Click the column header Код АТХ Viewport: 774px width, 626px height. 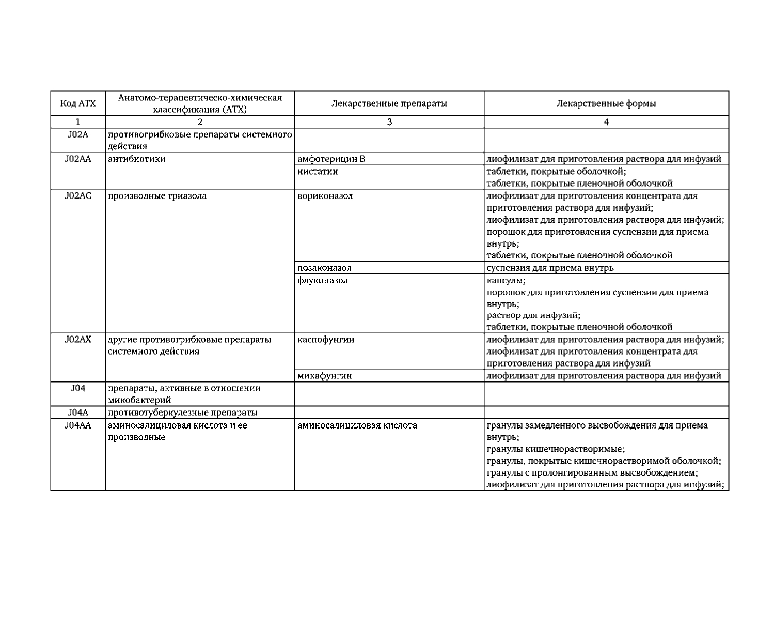(x=78, y=103)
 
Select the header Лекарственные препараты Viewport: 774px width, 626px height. (x=389, y=103)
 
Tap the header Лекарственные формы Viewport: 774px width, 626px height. (x=606, y=103)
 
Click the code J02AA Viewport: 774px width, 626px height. (x=78, y=159)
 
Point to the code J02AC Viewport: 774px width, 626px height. (x=78, y=196)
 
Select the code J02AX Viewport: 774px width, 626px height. (x=78, y=340)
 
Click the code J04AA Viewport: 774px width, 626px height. (x=78, y=425)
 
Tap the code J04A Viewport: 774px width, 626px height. (x=78, y=413)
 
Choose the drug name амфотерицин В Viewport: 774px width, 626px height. (x=331, y=159)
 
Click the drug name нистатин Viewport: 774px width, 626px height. (x=318, y=171)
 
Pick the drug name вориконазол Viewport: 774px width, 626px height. (x=325, y=196)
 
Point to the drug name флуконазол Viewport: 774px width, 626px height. (x=323, y=281)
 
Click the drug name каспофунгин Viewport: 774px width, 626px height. (x=326, y=340)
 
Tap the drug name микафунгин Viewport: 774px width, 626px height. (x=325, y=376)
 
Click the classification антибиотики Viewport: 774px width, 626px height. (x=137, y=159)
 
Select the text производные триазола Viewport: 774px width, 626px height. (x=157, y=196)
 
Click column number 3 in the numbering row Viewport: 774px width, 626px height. (x=389, y=123)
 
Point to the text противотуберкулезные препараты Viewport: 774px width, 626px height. (x=183, y=413)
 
